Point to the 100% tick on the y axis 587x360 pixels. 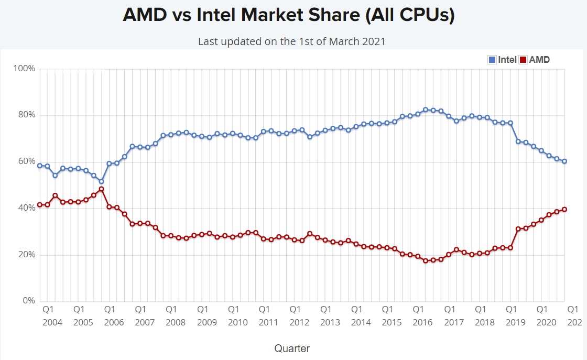25,69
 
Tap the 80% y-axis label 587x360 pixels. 27,115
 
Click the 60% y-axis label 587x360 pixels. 27,161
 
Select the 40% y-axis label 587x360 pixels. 27,208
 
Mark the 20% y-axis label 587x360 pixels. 27,255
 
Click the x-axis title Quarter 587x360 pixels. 292,348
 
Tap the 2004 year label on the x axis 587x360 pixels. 52,322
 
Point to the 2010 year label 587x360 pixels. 237,322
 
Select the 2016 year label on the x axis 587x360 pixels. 422,322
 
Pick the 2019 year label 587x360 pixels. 515,322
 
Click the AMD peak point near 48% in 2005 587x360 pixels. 101,189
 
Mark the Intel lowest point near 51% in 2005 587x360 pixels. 101,181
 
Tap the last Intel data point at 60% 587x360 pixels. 564,161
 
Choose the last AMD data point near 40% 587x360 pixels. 564,209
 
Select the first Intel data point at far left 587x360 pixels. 39,166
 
